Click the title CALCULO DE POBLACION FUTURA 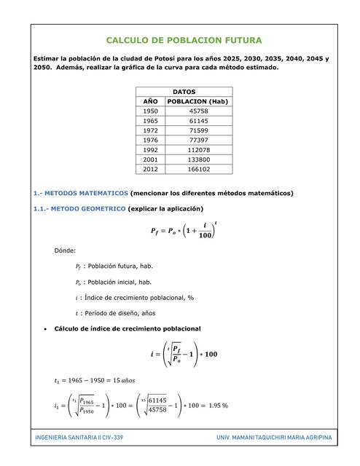[184, 41]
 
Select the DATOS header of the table [184, 92]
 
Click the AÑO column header [150, 101]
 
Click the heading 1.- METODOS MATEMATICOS [80, 194]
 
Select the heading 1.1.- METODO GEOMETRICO [79, 209]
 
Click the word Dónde [65, 250]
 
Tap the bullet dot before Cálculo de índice [46, 329]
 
